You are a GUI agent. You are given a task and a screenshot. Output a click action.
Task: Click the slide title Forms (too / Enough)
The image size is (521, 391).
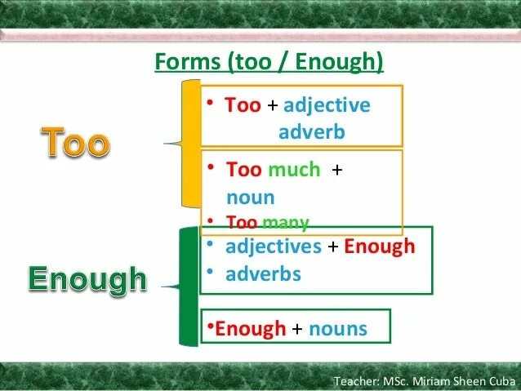click(x=269, y=63)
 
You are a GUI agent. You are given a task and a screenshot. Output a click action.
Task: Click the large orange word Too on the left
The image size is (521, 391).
click(x=74, y=144)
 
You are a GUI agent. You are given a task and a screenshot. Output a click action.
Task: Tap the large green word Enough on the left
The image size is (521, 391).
click(x=87, y=280)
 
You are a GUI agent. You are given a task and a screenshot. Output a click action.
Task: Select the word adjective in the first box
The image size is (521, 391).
click(x=327, y=106)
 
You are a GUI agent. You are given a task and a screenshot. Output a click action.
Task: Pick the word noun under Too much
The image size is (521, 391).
click(x=250, y=197)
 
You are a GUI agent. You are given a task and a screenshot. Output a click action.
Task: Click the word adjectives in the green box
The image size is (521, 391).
click(x=274, y=247)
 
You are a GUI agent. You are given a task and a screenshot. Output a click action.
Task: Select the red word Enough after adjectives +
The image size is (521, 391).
click(x=379, y=247)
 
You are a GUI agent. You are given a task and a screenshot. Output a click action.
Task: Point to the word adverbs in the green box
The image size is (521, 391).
click(x=264, y=273)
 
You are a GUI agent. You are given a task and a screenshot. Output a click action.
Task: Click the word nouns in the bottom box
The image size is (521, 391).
click(x=337, y=329)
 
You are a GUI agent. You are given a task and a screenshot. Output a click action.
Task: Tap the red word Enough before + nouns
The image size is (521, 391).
click(x=251, y=329)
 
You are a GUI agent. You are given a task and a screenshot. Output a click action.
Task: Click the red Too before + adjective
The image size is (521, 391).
click(x=243, y=106)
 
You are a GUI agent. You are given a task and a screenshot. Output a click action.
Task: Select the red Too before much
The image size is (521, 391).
click(x=243, y=170)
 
